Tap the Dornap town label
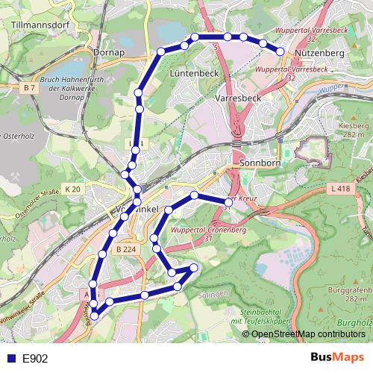tap(109, 53)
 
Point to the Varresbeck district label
tap(237, 98)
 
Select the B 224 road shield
tap(127, 250)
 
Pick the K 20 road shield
tap(72, 189)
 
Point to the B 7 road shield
tap(29, 88)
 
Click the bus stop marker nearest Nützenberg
tap(280, 51)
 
